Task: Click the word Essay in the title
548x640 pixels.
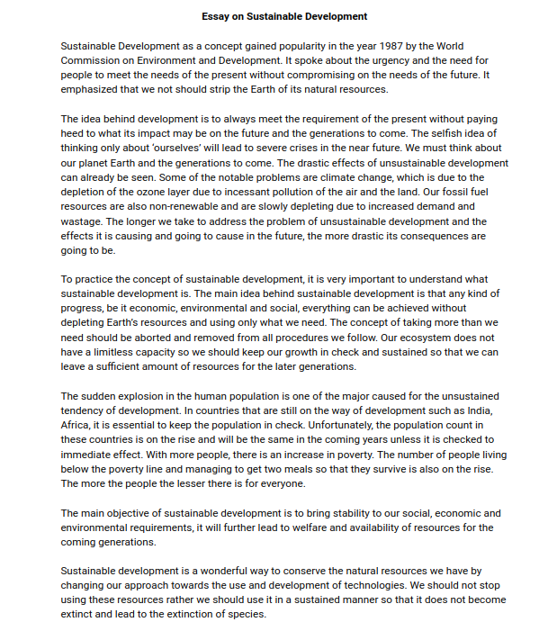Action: click(217, 16)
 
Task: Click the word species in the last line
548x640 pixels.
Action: click(246, 615)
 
